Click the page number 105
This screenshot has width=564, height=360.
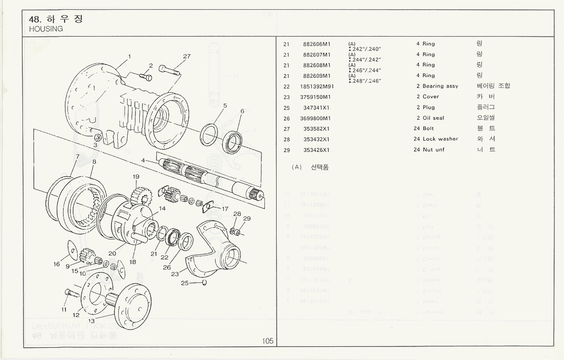coord(267,341)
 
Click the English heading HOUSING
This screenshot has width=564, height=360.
coord(46,29)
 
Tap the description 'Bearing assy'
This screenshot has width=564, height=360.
coord(440,86)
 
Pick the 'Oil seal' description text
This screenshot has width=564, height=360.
coord(434,118)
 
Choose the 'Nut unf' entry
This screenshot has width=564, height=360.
coord(434,150)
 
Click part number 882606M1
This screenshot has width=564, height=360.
coord(317,44)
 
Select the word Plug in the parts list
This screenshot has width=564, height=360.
coord(429,107)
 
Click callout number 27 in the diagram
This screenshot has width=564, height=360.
coord(187,56)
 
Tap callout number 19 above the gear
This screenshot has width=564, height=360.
coord(136,176)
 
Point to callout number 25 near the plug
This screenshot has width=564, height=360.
coord(184,283)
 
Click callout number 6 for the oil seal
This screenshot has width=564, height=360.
coord(242,111)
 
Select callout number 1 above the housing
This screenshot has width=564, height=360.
coord(130,56)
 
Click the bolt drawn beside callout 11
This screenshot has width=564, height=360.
coord(71,295)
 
